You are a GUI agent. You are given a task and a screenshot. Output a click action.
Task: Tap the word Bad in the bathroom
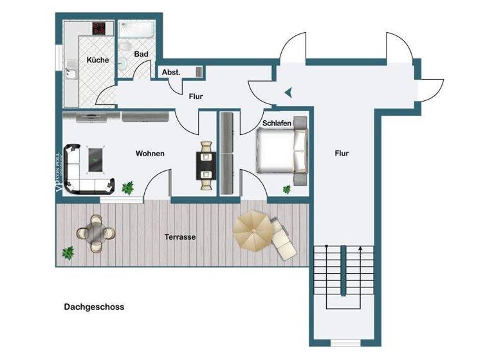(x=142, y=55)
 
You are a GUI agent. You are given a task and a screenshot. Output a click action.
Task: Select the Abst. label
(x=170, y=72)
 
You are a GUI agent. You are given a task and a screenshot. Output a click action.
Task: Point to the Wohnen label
(x=150, y=154)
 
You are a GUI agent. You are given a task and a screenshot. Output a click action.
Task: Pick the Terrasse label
(x=179, y=237)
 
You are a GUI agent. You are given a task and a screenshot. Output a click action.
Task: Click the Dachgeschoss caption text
(x=94, y=307)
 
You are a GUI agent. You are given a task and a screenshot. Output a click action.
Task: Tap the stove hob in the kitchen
(x=99, y=28)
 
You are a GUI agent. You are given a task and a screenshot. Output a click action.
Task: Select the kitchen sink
(x=71, y=75)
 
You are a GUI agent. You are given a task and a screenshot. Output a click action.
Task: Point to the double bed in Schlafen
(x=281, y=152)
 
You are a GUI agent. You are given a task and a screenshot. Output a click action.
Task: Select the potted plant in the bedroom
(x=287, y=189)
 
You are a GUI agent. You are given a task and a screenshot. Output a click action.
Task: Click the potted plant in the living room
(x=128, y=188)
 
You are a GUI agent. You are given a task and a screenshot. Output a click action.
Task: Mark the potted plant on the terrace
(x=68, y=252)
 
